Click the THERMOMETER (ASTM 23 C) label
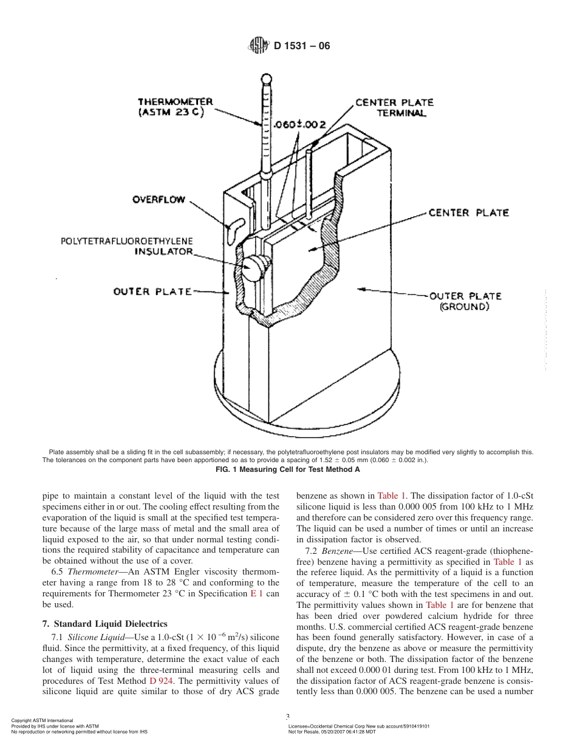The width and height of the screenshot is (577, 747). coord(175,107)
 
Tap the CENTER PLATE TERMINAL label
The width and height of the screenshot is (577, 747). coord(394,107)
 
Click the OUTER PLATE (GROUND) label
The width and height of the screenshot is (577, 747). coord(465,301)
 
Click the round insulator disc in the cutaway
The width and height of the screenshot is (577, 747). coord(254,267)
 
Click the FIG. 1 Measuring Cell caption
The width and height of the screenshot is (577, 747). coord(288,469)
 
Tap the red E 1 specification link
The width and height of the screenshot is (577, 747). coord(256,593)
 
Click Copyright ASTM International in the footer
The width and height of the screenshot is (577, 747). coord(43,720)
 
